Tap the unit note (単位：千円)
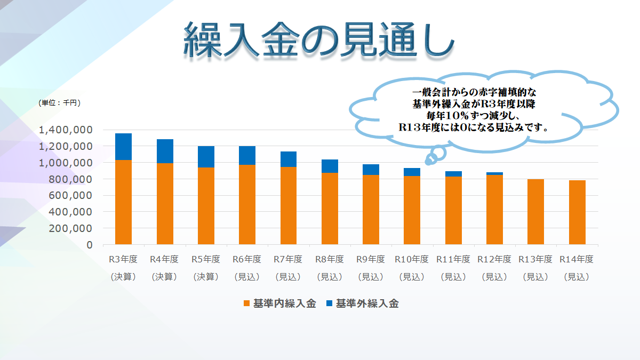point(59,102)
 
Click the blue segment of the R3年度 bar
point(123,147)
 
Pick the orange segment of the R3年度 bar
point(123,203)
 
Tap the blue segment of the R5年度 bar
point(205,157)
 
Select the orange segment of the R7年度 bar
point(287,206)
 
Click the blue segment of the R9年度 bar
point(370,170)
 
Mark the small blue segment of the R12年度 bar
point(494,173)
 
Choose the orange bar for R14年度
point(577,212)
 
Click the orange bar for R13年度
point(535,212)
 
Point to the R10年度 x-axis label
point(412,260)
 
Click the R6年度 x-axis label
point(247,260)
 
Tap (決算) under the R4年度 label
point(164,277)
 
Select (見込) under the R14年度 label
point(577,277)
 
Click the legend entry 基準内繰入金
point(284,303)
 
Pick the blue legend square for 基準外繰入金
point(329,303)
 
